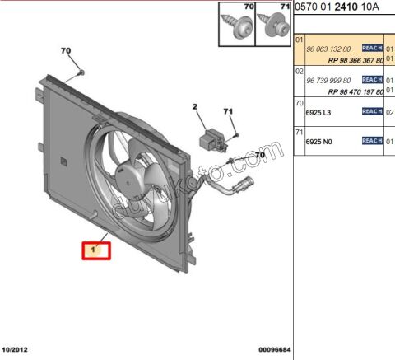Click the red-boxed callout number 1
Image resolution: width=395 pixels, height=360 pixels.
tap(94, 249)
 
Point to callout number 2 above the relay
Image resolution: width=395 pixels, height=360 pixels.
tap(196, 107)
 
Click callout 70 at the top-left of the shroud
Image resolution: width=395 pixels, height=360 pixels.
tap(67, 52)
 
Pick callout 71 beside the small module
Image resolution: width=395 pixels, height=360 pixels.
tap(229, 112)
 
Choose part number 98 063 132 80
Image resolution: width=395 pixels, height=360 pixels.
tap(328, 49)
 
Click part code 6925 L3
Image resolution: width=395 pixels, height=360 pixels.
tap(318, 110)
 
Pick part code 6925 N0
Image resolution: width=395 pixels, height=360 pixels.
tap(318, 141)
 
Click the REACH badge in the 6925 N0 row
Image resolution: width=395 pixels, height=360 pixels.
tap(372, 141)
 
